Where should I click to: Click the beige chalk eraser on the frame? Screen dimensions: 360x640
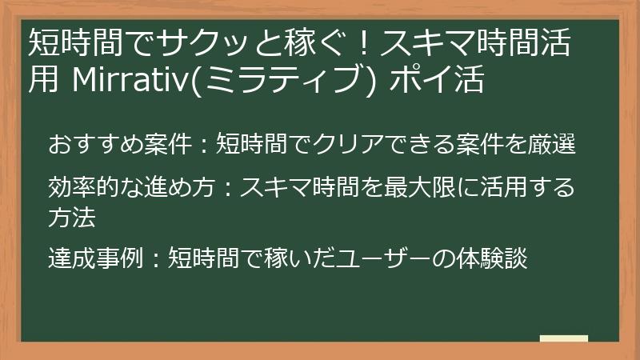click(563, 339)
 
